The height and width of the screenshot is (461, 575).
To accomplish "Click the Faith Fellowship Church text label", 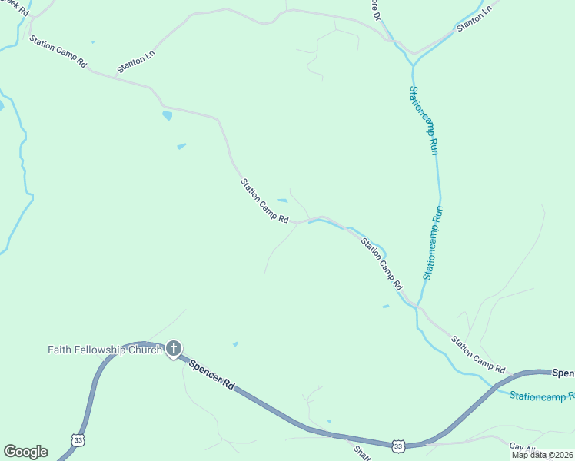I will (105, 350).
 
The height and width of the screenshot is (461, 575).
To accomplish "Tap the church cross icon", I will (174, 349).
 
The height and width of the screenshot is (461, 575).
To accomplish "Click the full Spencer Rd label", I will (211, 374).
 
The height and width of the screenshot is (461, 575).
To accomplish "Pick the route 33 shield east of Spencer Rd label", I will (397, 446).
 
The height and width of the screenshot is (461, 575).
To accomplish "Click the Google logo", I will (25, 452).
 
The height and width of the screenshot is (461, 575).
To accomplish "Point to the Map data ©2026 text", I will (543, 455).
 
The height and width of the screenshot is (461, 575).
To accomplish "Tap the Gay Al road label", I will (522, 446).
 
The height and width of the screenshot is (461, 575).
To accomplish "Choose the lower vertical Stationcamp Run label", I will (433, 241).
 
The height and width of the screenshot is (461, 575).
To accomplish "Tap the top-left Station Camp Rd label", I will (58, 52).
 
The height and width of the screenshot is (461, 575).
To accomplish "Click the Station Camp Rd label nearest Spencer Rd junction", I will (477, 353).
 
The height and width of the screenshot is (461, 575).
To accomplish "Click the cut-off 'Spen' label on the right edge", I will (563, 373).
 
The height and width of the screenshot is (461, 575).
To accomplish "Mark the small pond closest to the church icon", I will (235, 344).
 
